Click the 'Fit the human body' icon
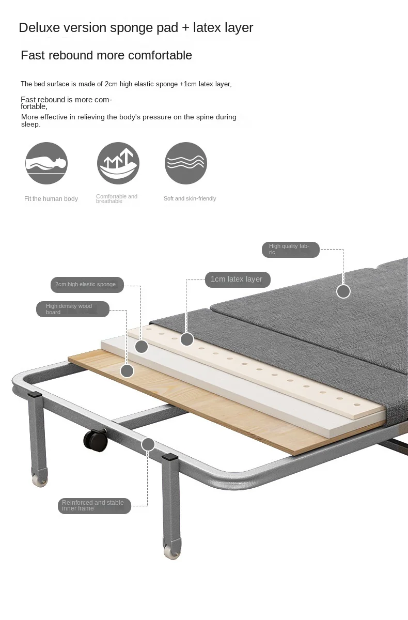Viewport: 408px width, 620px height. tap(46, 163)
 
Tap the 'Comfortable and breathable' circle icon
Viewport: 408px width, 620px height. tap(118, 163)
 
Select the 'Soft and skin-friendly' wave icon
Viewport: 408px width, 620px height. tap(186, 163)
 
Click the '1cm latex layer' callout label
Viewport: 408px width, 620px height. tap(237, 279)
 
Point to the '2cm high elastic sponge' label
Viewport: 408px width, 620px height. tap(87, 285)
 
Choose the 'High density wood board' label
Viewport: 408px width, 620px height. tap(72, 309)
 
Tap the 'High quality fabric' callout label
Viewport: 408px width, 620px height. tap(290, 250)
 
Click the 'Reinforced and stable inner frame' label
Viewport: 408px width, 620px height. tap(94, 506)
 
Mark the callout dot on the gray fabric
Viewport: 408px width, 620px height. tap(343, 291)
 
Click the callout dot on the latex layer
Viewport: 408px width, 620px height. tap(187, 339)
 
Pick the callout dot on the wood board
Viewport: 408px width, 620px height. tap(127, 370)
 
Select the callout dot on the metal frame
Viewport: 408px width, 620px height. tap(148, 444)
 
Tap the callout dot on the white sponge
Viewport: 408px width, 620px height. tap(142, 347)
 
